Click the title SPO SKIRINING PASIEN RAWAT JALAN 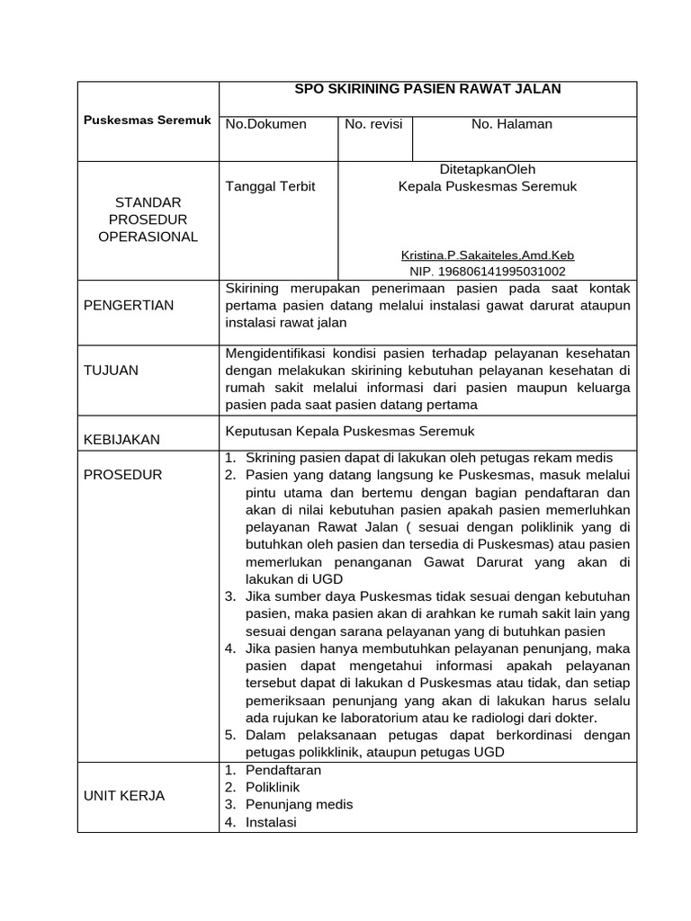click(428, 88)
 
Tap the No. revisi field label click(373, 124)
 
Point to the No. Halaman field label click(512, 124)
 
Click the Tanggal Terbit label click(270, 186)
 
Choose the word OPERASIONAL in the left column click(148, 237)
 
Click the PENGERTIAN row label click(129, 305)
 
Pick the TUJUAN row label click(111, 370)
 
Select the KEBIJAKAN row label click(121, 439)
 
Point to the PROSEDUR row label click(122, 474)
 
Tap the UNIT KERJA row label click(124, 796)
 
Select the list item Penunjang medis click(299, 804)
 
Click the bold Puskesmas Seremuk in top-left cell click(148, 120)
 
